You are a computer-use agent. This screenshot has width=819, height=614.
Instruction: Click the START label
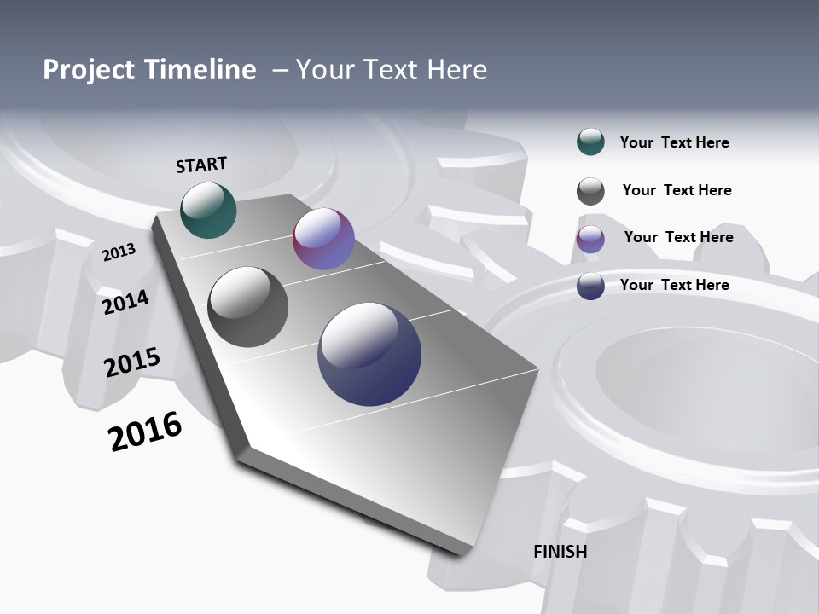click(x=201, y=165)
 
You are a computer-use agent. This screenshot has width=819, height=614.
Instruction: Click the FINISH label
click(x=560, y=552)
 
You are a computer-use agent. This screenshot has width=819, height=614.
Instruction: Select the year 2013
click(x=119, y=252)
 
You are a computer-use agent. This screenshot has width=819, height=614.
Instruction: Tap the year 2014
click(x=125, y=302)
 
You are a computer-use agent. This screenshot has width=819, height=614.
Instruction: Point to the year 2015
click(x=131, y=362)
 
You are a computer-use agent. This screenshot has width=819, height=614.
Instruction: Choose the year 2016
click(x=145, y=432)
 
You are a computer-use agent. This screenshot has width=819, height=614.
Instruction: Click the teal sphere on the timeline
click(x=208, y=210)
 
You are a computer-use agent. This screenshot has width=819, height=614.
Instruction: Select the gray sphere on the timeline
click(x=247, y=307)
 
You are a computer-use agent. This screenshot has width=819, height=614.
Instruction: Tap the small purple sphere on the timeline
click(x=323, y=239)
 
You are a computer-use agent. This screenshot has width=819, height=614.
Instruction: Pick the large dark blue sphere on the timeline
click(x=369, y=354)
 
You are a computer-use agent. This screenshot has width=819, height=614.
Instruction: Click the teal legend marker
click(x=590, y=142)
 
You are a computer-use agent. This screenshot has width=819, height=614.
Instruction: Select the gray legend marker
click(x=590, y=191)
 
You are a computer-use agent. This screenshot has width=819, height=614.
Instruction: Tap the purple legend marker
click(x=590, y=239)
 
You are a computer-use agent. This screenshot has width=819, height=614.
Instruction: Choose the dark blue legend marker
click(x=590, y=286)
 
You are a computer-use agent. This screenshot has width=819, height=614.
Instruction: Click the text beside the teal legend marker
click(x=674, y=142)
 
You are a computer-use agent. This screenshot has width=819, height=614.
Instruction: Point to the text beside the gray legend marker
click(x=677, y=190)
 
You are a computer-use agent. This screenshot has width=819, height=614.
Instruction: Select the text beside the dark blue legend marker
click(x=674, y=285)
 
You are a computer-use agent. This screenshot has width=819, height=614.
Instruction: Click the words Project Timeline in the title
click(x=149, y=70)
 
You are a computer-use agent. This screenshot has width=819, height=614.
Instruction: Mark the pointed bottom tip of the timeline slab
click(x=465, y=554)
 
